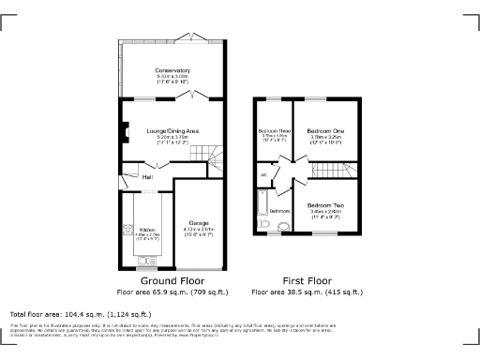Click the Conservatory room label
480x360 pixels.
172,69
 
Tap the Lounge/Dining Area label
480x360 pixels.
171,130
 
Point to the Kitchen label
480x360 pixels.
147,229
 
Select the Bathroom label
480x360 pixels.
279,211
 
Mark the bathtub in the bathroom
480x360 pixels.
261,204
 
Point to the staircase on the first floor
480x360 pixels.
347,172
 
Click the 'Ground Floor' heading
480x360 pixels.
172,280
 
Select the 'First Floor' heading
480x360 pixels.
307,280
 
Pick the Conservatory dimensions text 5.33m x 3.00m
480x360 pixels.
172,76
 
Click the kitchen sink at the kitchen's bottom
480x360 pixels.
146,262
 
